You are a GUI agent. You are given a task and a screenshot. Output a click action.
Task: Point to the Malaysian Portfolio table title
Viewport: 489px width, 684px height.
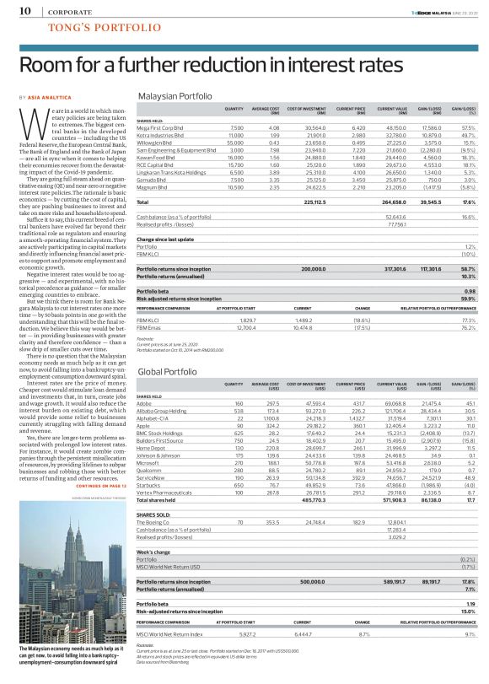click(x=175, y=96)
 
